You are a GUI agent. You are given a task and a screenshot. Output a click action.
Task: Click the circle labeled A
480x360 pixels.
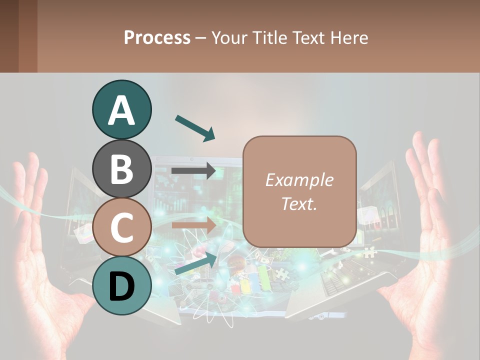tap(121, 109)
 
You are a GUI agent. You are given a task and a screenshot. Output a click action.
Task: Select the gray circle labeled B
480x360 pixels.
tap(121, 168)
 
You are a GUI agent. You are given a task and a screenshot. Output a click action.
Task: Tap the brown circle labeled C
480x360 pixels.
tap(121, 227)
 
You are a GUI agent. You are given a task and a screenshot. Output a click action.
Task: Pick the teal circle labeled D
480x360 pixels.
tap(121, 285)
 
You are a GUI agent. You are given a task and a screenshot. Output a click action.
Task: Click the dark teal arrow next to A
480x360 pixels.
tap(195, 127)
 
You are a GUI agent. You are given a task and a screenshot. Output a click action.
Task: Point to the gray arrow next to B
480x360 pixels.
tap(194, 171)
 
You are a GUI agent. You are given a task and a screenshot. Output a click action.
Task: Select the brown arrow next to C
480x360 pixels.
tap(194, 225)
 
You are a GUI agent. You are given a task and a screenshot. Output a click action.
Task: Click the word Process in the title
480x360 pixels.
tap(157, 37)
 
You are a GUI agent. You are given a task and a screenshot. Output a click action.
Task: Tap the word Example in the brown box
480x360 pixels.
tap(299, 180)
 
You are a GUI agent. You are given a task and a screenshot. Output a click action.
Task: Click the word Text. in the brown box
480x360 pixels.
tap(299, 203)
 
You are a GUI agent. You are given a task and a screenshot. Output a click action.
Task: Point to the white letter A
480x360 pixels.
tap(121, 110)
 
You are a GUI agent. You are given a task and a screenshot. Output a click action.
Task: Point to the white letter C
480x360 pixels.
tap(121, 228)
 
